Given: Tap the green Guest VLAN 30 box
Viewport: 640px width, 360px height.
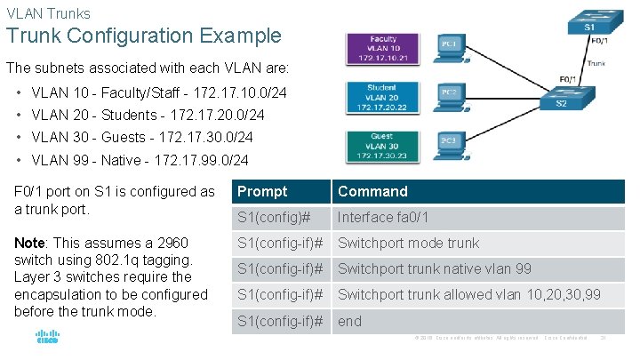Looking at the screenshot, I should tap(383, 146).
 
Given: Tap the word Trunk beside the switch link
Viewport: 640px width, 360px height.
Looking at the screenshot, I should tap(597, 63).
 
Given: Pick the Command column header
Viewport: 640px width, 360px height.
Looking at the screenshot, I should tap(372, 191).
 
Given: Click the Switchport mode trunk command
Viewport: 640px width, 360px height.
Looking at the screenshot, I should tap(408, 244).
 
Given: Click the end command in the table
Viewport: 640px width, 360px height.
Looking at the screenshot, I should tap(349, 321).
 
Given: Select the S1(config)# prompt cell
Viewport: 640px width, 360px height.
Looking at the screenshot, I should tap(273, 217).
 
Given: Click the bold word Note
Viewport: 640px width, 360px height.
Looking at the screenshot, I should tap(29, 243).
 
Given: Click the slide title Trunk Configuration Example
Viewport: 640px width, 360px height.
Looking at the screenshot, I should tap(144, 36).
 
